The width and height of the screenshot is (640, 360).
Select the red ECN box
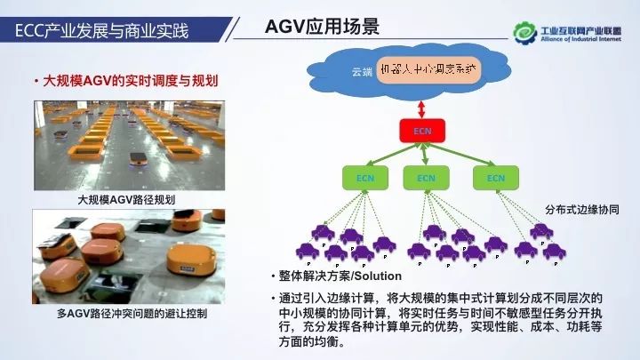tap(421, 132)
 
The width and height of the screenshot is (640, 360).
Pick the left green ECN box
tap(364, 178)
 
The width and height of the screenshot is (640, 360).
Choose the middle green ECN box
tap(421, 178)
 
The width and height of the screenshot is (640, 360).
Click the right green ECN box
tap(494, 178)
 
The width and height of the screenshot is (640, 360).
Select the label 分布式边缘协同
tap(582, 211)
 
